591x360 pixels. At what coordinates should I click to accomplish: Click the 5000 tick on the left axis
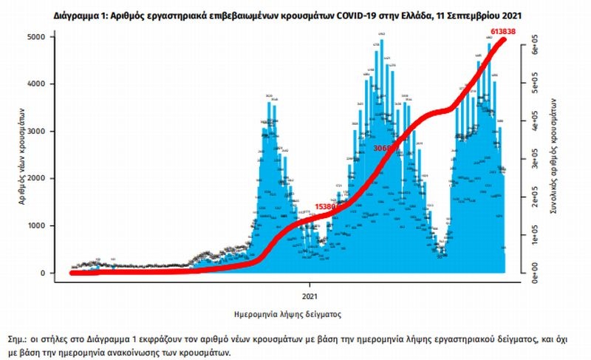coord(45,37)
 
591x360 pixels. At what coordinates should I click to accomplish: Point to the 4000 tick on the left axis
coord(45,84)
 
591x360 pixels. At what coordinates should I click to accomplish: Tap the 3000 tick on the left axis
coord(45,132)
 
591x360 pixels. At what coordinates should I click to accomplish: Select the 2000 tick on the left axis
coord(45,179)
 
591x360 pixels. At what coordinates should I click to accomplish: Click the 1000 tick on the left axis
coord(45,226)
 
